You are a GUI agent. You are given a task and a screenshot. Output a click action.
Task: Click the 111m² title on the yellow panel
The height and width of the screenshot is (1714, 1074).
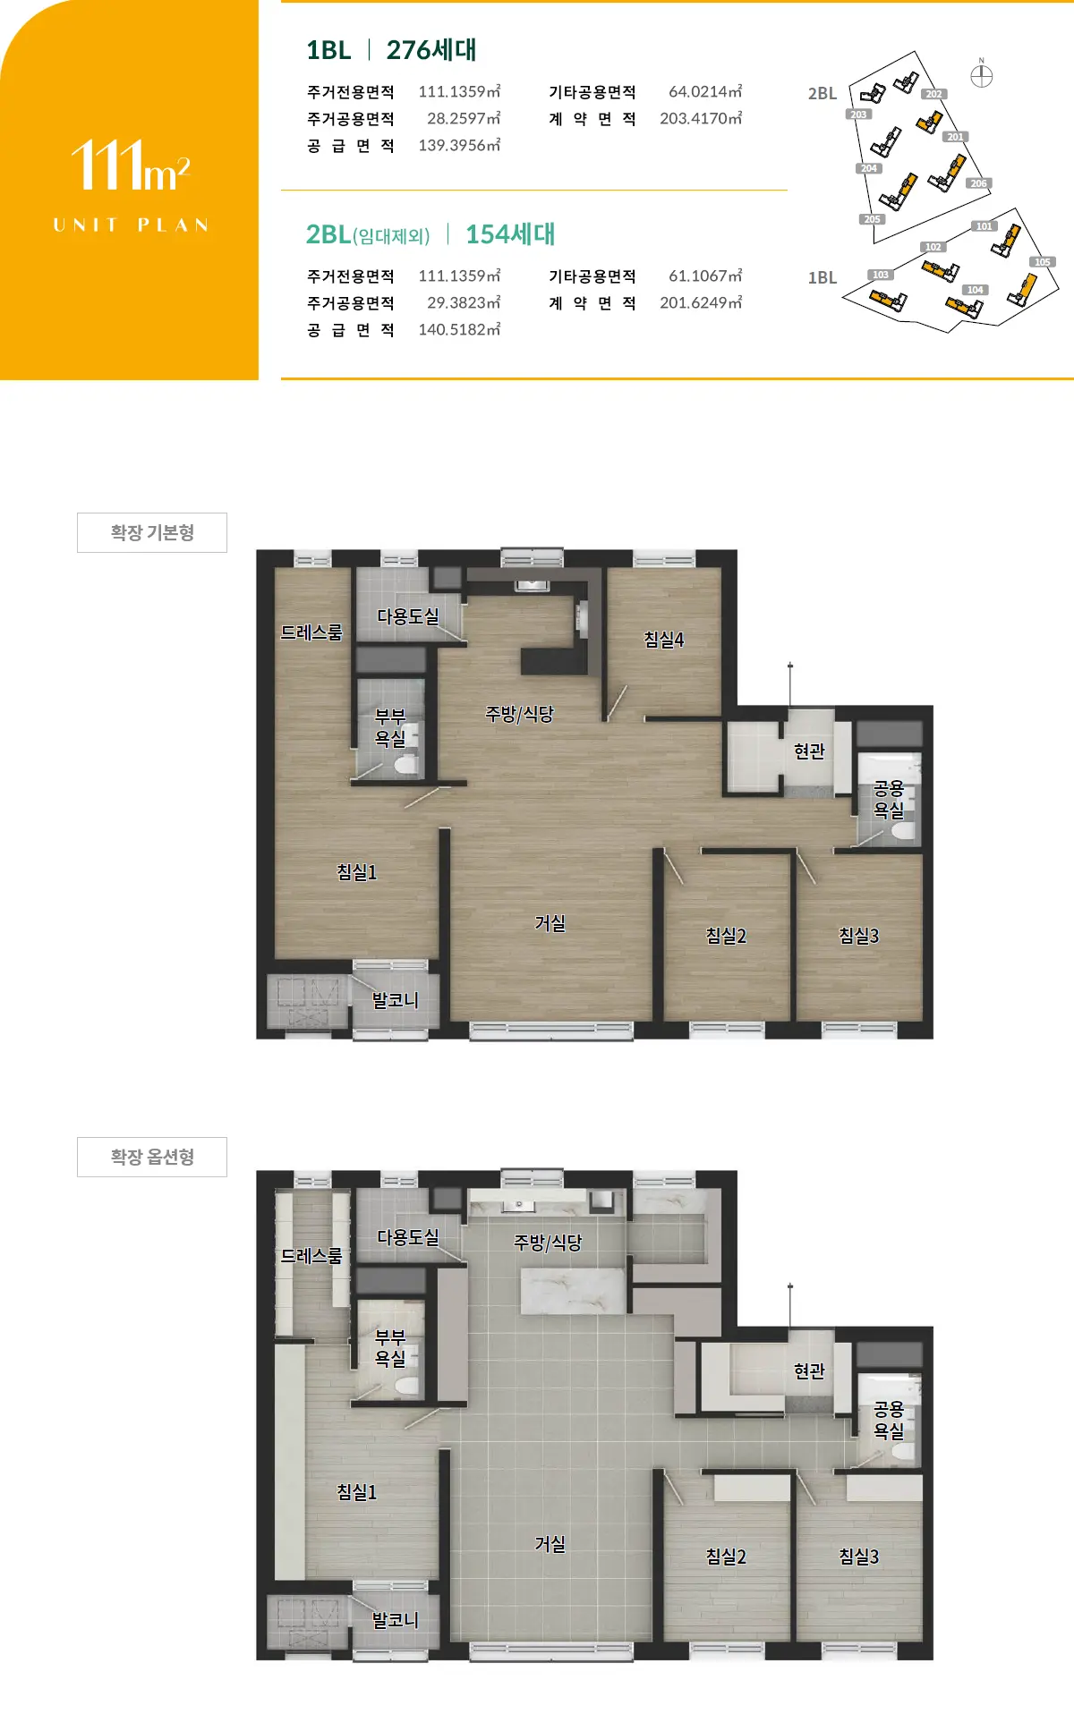[x=131, y=166]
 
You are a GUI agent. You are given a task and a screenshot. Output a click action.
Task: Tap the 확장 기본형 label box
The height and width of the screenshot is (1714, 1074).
[x=152, y=532]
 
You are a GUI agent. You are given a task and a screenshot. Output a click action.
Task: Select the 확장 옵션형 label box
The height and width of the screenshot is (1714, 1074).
[x=152, y=1157]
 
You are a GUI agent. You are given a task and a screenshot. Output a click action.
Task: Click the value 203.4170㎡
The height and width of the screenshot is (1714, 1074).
[x=701, y=118]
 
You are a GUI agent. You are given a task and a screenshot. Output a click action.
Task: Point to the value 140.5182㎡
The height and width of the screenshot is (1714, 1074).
[x=459, y=329]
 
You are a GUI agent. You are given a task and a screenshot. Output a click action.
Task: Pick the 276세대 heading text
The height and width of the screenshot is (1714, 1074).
[x=431, y=50]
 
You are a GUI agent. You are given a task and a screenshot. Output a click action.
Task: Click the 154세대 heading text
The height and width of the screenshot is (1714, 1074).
[x=510, y=234]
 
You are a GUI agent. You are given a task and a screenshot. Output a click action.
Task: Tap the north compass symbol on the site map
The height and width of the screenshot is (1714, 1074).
[x=982, y=76]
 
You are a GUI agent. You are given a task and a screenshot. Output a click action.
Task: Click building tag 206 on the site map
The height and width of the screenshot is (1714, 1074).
[x=978, y=183]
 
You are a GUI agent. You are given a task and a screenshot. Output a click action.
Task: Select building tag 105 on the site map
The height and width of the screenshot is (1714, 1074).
[x=1043, y=262]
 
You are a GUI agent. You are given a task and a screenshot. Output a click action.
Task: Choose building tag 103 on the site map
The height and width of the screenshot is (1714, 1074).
[x=881, y=275]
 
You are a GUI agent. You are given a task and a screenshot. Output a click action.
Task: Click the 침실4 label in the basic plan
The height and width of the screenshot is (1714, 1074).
[x=664, y=639]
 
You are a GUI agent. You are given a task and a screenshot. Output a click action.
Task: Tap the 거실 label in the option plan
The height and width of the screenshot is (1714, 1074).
[x=550, y=1543]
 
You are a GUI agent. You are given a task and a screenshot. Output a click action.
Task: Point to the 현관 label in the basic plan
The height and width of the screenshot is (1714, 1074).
[x=809, y=751]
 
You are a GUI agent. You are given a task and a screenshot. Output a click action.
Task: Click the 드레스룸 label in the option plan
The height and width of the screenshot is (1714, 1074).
[x=311, y=1255]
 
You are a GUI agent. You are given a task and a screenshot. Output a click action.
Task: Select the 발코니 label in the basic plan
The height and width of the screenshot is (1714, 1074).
[x=396, y=999]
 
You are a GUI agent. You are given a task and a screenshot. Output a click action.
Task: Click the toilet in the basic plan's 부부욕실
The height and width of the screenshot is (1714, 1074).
[x=406, y=765]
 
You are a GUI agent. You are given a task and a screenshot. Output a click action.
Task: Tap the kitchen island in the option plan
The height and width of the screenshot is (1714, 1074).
[x=573, y=1291]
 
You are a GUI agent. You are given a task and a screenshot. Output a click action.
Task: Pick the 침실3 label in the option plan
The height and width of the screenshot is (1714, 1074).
[x=859, y=1556]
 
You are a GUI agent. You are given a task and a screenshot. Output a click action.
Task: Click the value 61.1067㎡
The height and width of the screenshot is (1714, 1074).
[x=705, y=276]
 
